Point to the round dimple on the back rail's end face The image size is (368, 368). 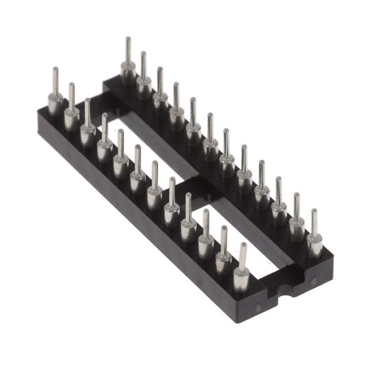[313, 282]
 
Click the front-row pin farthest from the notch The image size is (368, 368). [55, 95]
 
